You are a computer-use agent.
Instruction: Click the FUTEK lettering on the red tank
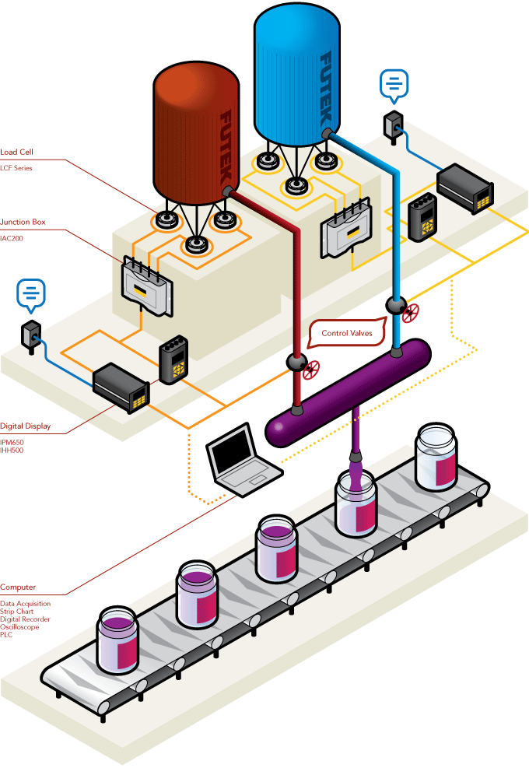tap(227, 144)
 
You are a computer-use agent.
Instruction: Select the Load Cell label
tap(17, 153)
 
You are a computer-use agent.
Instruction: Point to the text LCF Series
tap(16, 168)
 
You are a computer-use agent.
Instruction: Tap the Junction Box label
tap(23, 223)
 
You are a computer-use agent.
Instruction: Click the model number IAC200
tap(12, 238)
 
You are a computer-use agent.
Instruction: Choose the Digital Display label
tap(26, 426)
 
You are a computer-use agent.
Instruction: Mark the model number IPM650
tap(12, 442)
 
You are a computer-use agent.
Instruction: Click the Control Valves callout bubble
tap(346, 333)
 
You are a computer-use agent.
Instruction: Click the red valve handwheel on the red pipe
tap(312, 370)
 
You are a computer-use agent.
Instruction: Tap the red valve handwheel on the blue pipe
tap(411, 313)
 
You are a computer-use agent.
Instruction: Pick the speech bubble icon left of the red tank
tap(31, 293)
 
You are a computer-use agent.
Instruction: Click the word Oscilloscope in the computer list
tap(19, 627)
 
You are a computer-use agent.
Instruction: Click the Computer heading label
tap(18, 587)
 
